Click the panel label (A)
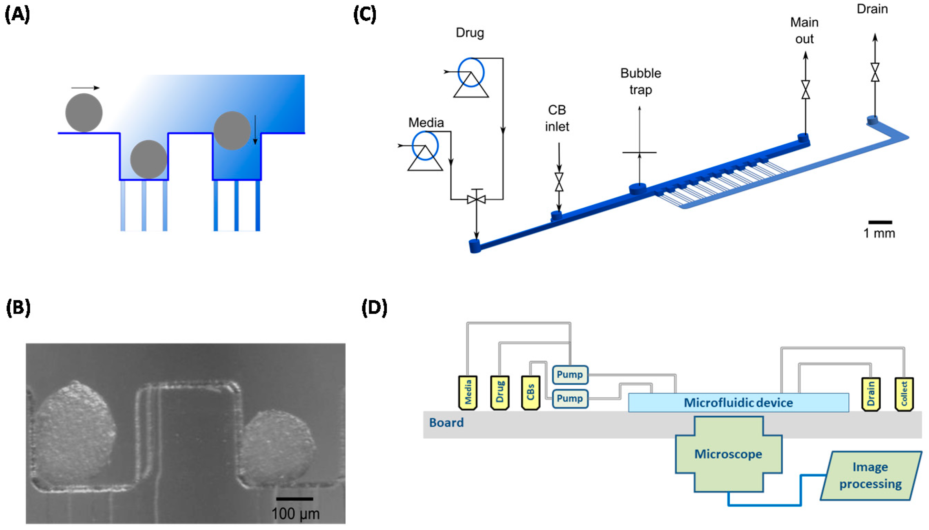[x=17, y=15]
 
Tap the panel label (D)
[x=374, y=308]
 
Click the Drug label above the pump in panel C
[x=469, y=33]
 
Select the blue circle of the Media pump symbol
[x=425, y=146]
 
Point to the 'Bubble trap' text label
[x=640, y=81]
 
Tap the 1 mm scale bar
[x=880, y=222]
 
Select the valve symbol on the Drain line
[x=875, y=72]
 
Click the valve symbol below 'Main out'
[x=805, y=90]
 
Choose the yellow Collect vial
[x=904, y=394]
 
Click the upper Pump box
[x=570, y=375]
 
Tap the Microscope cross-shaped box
[x=728, y=454]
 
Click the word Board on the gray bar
[x=446, y=423]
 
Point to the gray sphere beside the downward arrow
[x=232, y=131]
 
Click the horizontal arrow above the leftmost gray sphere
[x=85, y=88]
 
